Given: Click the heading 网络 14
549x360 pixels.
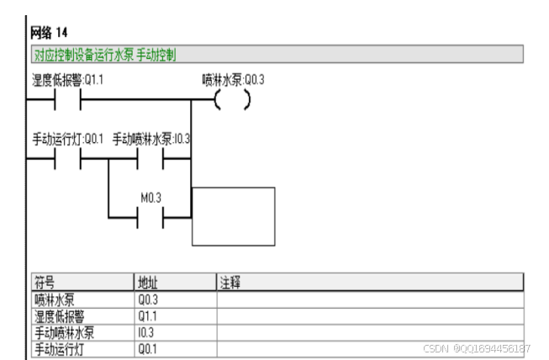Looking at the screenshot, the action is [x=49, y=34].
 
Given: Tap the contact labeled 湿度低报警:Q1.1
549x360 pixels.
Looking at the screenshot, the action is [x=68, y=100].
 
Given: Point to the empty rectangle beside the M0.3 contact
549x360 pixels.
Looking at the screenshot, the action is [x=233, y=216].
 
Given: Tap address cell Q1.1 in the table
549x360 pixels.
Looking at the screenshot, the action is [x=149, y=315].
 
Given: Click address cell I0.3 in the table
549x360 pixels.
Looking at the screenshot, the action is [x=147, y=331].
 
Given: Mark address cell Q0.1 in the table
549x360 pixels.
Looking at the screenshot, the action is [x=149, y=347].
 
